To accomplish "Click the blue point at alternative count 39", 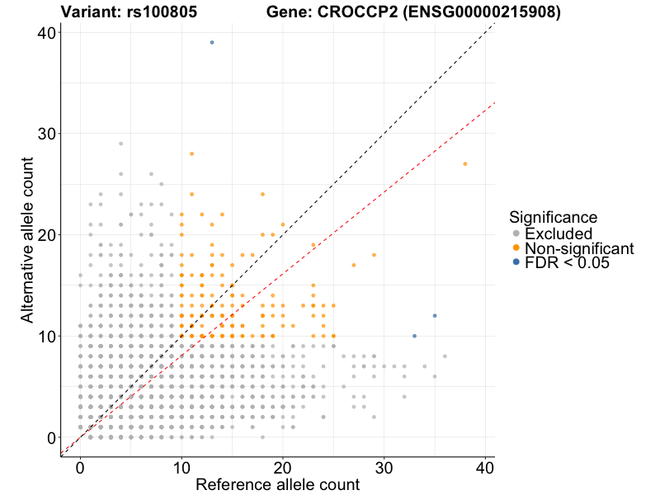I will [212, 42].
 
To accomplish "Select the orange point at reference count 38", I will [465, 164].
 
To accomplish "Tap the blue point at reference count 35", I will [435, 316].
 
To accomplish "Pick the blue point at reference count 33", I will [414, 336].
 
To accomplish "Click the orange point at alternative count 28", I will [191, 153].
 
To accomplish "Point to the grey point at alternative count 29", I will [120, 144].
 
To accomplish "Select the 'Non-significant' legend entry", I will [578, 247].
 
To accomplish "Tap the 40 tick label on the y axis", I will [45, 33].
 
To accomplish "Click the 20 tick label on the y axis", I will [45, 235].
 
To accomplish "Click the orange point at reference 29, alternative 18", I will [374, 255].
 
